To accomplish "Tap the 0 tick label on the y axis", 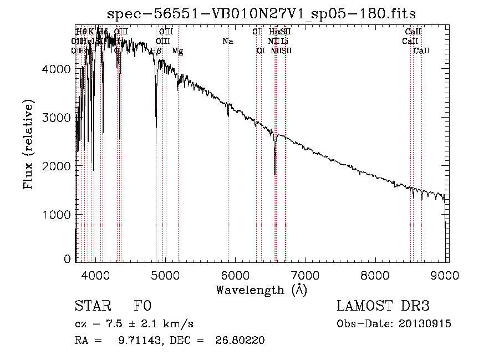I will [x=68, y=259].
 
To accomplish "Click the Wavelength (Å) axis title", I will [x=261, y=290].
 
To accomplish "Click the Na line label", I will [x=228, y=42].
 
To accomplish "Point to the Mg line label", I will [x=178, y=51].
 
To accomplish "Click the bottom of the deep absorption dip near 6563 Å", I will [x=275, y=174].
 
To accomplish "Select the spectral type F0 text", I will [x=142, y=306].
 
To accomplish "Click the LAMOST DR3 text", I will [x=383, y=306].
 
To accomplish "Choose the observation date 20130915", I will [x=425, y=324].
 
